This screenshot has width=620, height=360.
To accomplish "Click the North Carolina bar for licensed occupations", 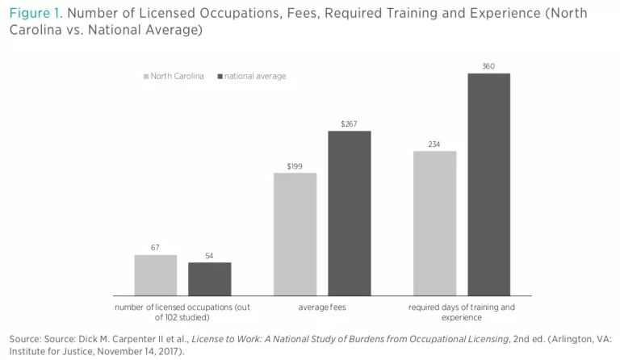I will coord(155,274).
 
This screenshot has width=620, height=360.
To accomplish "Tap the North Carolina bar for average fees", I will coord(295,233).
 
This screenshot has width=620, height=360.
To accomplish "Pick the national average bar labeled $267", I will coord(349,212).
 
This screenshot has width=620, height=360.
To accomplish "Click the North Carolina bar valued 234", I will coord(434,223).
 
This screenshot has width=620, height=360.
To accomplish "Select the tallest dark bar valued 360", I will coord(488,184).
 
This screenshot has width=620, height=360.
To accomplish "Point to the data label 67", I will coord(155,247).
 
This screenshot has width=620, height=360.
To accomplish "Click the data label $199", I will coord(295,165).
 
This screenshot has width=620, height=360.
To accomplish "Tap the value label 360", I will coord(488,65).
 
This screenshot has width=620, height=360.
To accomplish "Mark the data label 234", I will coord(434,144).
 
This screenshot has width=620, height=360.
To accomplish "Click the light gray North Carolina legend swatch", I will coord(146,77).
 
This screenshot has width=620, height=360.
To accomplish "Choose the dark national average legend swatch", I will coord(220,77).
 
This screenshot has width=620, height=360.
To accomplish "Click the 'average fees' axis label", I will coord(322,308).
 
